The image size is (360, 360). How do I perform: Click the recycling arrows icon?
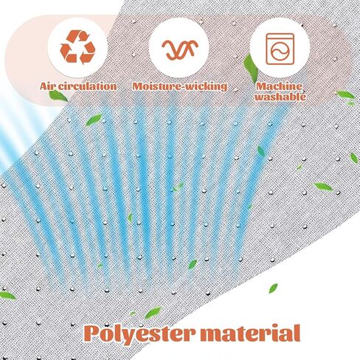click(77, 46)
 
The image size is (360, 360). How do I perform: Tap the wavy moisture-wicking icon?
click(180, 49)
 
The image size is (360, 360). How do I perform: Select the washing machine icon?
click(280, 49)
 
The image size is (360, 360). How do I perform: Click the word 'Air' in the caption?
click(48, 86)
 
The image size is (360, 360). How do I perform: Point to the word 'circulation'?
click(87, 86)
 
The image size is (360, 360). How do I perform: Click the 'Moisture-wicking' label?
click(180, 86)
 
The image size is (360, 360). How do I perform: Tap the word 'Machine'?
click(280, 86)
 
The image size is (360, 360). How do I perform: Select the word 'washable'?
click(280, 97)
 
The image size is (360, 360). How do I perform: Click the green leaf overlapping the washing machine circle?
click(250, 67)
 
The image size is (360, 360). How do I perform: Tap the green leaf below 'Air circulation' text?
click(58, 96)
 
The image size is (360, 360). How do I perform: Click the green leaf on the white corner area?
click(273, 288)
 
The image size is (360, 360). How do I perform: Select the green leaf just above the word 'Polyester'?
click(153, 313)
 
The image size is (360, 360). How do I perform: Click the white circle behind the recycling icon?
click(77, 46)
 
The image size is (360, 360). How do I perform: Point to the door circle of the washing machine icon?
click(280, 52)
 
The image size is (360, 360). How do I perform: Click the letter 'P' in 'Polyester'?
click(92, 333)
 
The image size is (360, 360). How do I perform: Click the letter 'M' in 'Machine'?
click(261, 86)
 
